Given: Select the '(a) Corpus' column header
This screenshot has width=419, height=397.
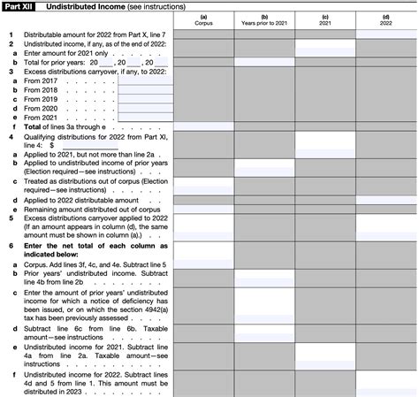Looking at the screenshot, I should pyautogui.click(x=202, y=20).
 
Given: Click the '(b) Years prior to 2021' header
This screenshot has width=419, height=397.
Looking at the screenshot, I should pyautogui.click(x=264, y=20).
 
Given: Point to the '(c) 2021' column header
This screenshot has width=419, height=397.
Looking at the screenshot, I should pyautogui.click(x=325, y=20).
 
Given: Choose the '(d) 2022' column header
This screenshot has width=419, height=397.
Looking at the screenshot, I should pyautogui.click(x=386, y=20).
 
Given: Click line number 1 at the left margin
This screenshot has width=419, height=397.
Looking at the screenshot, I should pyautogui.click(x=11, y=34).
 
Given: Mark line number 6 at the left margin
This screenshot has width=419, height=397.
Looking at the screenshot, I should pyautogui.click(x=11, y=243).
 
